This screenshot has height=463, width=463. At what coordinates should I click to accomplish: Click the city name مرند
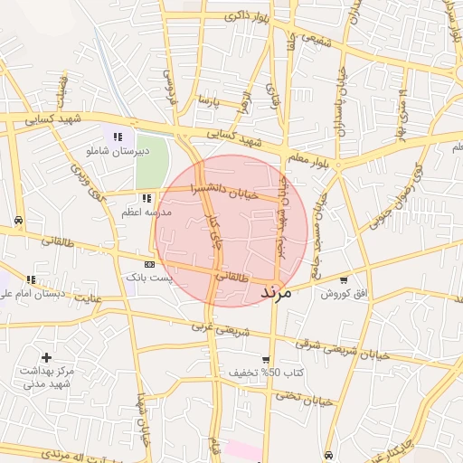tap(275, 294)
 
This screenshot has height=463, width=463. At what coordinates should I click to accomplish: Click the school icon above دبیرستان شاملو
tap(118, 137)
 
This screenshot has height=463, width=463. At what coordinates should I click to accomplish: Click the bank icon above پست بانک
tap(149, 264)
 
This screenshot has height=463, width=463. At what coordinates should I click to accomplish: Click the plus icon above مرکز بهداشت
tap(46, 358)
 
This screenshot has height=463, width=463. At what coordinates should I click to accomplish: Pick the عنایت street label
tap(88, 297)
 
